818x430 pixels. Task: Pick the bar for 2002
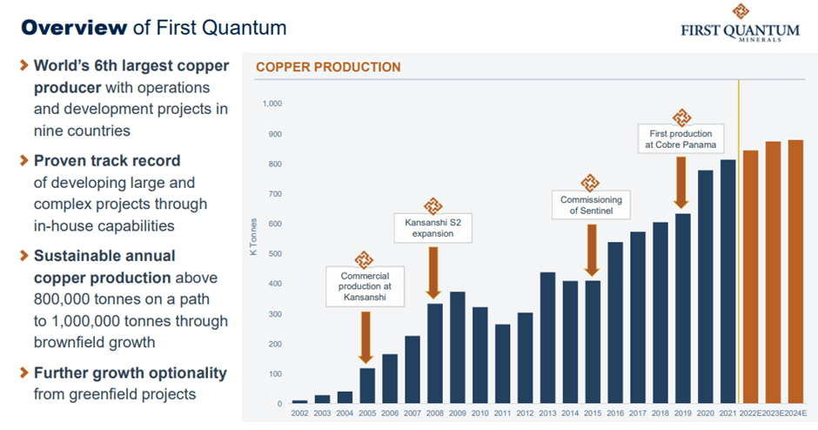(x=299, y=401)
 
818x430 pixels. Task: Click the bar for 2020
(x=706, y=286)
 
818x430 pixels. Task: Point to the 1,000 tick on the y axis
(x=272, y=104)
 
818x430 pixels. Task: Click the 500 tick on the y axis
(x=276, y=253)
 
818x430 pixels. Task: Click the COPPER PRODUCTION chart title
(x=328, y=67)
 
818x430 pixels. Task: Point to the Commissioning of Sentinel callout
(x=591, y=205)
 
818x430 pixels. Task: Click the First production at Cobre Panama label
(x=681, y=138)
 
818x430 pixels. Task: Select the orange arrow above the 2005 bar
(x=365, y=335)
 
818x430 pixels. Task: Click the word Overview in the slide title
(x=73, y=27)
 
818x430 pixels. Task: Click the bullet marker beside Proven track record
(x=23, y=161)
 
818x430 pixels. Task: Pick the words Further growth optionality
(x=130, y=373)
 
